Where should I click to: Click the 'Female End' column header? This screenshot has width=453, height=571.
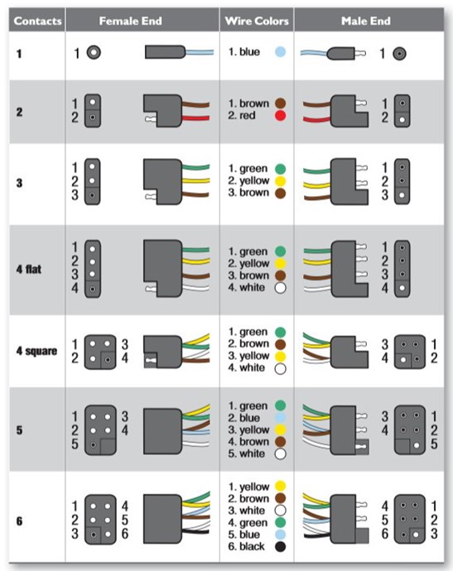click(142, 21)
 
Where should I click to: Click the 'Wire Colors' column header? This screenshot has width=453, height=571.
click(257, 21)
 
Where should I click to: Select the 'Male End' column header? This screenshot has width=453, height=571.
click(365, 21)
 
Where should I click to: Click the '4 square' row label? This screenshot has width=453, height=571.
click(36, 351)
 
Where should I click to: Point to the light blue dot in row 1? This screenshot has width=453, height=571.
click(280, 52)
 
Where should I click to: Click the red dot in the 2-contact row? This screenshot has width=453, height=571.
click(280, 117)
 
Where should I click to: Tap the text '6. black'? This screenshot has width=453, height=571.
click(248, 547)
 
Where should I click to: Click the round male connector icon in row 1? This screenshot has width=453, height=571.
click(400, 53)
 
